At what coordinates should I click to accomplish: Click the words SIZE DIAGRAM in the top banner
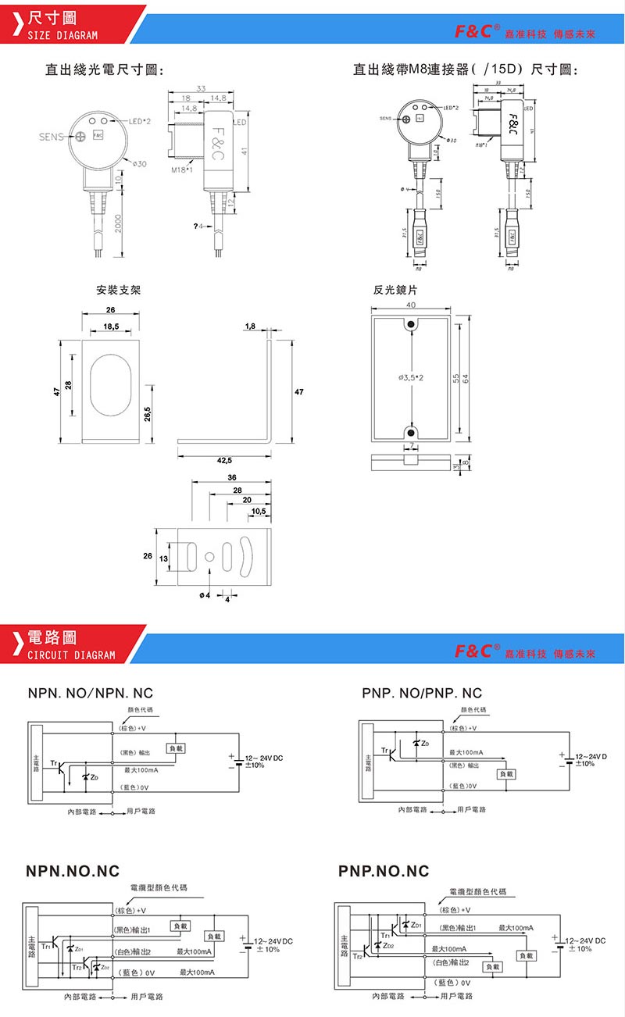[x=62, y=35]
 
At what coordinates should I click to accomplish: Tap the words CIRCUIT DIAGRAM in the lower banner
[x=71, y=655]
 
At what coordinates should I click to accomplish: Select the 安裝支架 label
[x=119, y=290]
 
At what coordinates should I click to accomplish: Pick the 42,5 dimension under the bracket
[x=223, y=461]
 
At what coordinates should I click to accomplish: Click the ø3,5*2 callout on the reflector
[x=411, y=378]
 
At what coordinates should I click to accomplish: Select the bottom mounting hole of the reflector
[x=411, y=432]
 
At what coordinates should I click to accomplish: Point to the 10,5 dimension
[x=259, y=512]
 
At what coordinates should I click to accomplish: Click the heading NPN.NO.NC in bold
[x=73, y=871]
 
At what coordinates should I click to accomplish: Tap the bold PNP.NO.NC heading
[x=384, y=871]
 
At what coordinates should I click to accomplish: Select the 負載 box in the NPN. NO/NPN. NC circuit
[x=176, y=749]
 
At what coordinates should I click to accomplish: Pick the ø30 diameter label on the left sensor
[x=138, y=163]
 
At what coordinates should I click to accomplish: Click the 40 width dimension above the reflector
[x=411, y=305]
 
